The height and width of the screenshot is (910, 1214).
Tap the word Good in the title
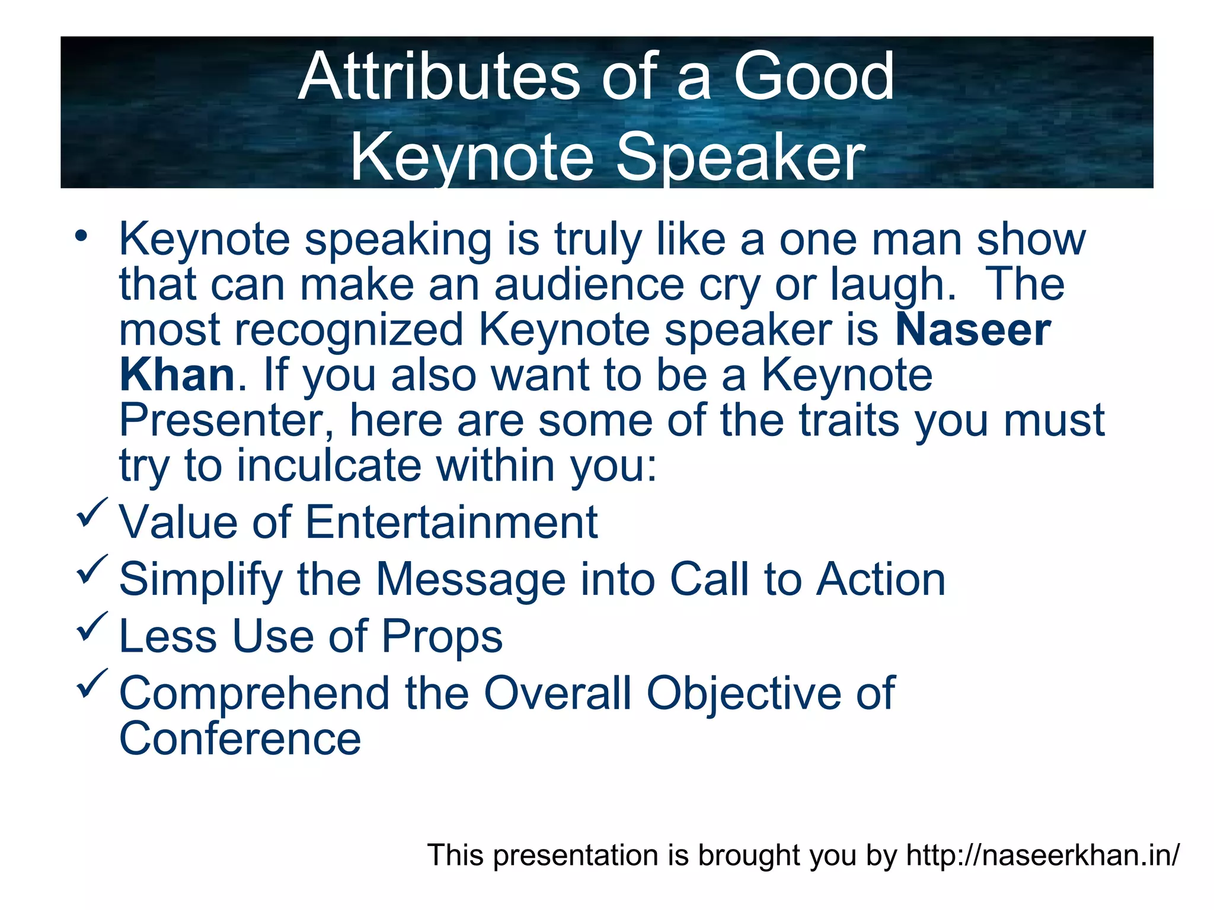813,77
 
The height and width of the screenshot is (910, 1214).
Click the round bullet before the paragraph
81,236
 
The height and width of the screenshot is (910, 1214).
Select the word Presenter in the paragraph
226,420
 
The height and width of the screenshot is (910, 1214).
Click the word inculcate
329,466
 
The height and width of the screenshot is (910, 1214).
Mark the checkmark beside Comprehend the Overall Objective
91,682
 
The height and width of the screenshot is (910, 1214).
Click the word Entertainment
451,523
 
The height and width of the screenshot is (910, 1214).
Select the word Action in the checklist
880,579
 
